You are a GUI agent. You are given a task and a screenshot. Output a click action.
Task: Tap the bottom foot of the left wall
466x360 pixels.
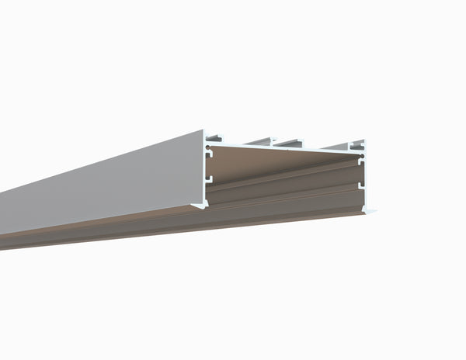click(x=201, y=204)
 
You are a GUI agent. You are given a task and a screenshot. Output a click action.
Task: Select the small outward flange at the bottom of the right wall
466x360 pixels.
click(x=370, y=210)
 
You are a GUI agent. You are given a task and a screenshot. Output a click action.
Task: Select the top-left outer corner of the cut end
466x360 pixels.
click(x=204, y=130)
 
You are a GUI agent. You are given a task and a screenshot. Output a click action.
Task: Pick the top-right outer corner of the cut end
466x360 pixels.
click(x=365, y=140)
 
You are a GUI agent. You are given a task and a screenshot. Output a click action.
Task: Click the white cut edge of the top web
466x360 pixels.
click(x=287, y=147)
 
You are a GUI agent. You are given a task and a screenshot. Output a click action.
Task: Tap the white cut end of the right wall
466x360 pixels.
click(x=363, y=179)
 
